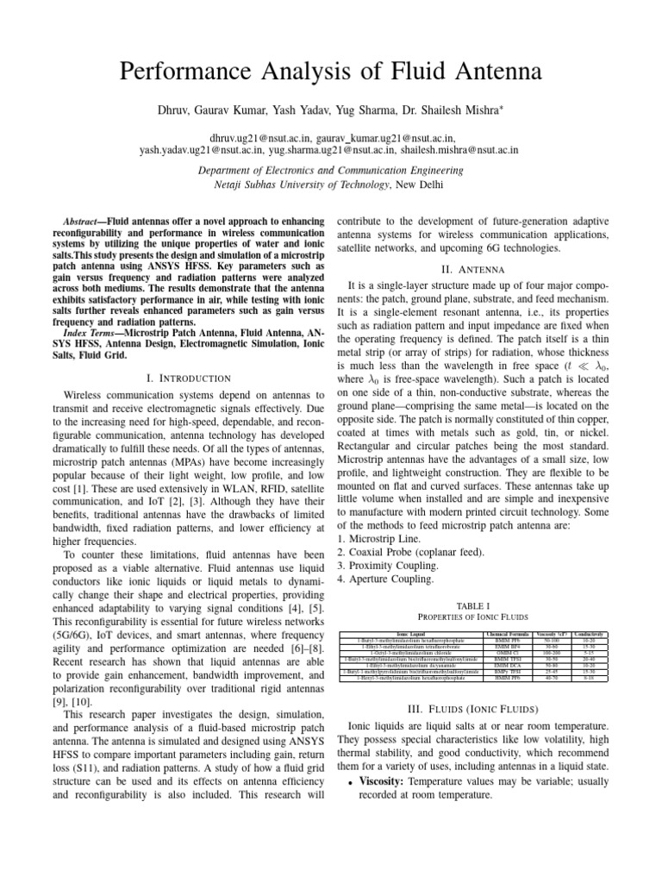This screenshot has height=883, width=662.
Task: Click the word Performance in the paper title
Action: [194, 72]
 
